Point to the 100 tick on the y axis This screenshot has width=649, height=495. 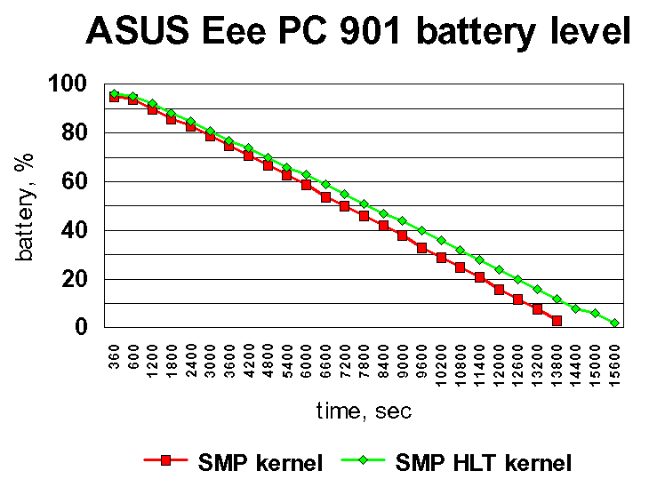coord(67,84)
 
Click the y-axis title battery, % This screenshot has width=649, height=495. coord(27,206)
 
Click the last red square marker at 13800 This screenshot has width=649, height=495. coord(557,320)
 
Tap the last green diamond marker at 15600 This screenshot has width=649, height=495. coord(615,323)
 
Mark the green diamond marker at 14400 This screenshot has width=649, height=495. coord(576,308)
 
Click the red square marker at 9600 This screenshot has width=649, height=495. coord(422,247)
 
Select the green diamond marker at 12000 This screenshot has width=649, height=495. coord(499,270)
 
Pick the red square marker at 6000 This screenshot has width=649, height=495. coord(307,185)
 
